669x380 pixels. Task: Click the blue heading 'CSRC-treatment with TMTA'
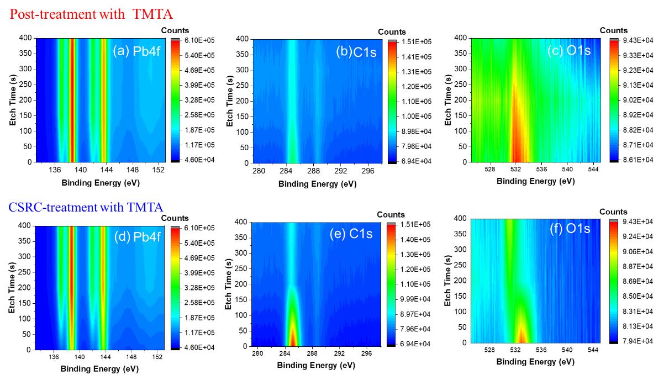point(86,208)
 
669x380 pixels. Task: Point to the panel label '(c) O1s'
point(570,51)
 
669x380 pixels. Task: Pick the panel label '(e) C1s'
point(351,234)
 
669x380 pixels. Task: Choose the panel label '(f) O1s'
point(570,228)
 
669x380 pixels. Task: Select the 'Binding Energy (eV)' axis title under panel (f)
point(535,362)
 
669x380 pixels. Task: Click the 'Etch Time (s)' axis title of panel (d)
point(12,287)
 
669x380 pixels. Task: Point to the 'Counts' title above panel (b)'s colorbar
point(392,32)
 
